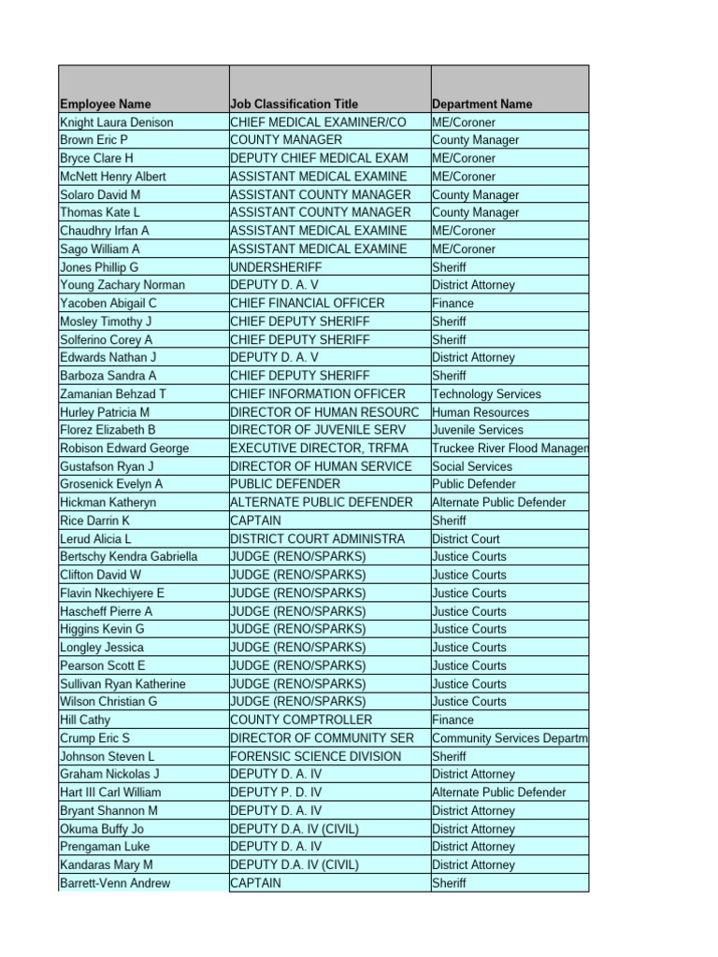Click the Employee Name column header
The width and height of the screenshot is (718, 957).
point(106,104)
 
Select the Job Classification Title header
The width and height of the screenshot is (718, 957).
point(294,104)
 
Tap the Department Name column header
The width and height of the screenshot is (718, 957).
point(482,104)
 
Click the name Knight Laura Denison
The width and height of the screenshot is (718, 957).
point(116,122)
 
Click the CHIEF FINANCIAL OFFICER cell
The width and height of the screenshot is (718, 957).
point(307,303)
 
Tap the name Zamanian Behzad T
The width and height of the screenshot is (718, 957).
point(113,394)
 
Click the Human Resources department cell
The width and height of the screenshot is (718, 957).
point(481,412)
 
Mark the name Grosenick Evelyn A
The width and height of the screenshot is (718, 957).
point(111,484)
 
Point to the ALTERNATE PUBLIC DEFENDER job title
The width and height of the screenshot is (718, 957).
point(321,503)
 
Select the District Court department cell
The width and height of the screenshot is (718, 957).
point(466,539)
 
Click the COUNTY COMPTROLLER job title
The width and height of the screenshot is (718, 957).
point(300,720)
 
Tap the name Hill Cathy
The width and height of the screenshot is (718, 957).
point(85,720)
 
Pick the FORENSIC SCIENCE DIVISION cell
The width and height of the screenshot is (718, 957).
point(315,756)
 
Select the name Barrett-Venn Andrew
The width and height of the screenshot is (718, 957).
point(115,883)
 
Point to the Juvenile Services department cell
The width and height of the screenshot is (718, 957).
point(478,430)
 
